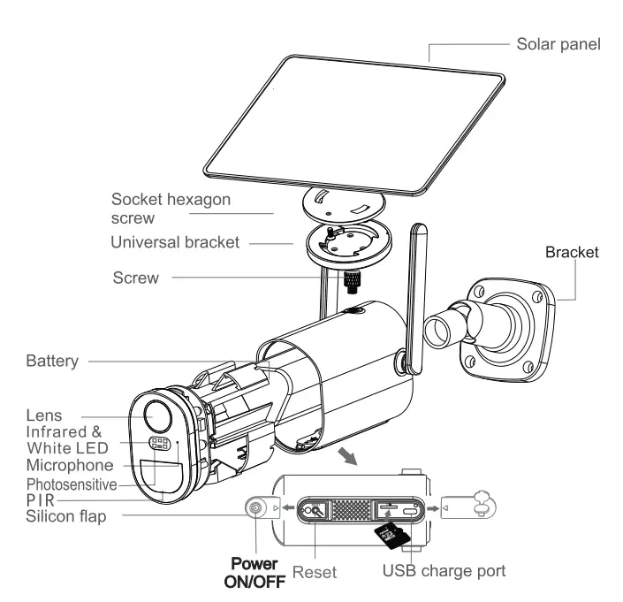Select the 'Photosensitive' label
[72, 484]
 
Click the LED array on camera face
[159, 444]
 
